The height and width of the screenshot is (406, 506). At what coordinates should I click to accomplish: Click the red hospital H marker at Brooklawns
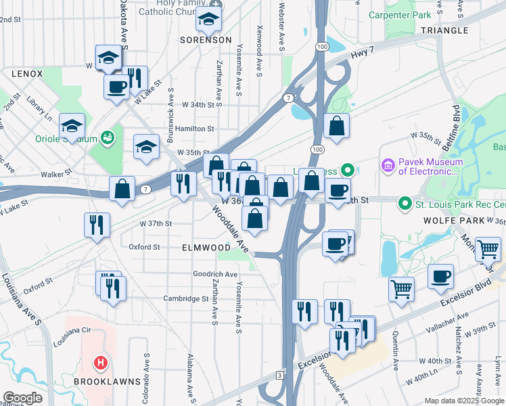pos(100,363)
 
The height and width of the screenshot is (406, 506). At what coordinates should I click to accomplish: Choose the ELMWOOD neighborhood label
pos(206,248)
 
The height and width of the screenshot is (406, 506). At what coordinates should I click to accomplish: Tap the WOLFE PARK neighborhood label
pos(445,221)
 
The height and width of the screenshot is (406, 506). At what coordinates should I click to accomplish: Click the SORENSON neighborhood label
pos(206,41)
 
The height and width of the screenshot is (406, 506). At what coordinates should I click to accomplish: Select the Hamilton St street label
pos(194,129)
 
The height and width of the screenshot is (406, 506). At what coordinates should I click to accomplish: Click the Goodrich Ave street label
pos(215,275)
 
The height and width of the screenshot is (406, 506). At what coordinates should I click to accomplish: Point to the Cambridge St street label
pos(185,298)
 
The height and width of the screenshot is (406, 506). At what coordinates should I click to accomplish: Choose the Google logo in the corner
pos(22,399)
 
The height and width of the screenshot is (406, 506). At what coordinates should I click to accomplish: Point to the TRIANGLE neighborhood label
pos(444,30)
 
